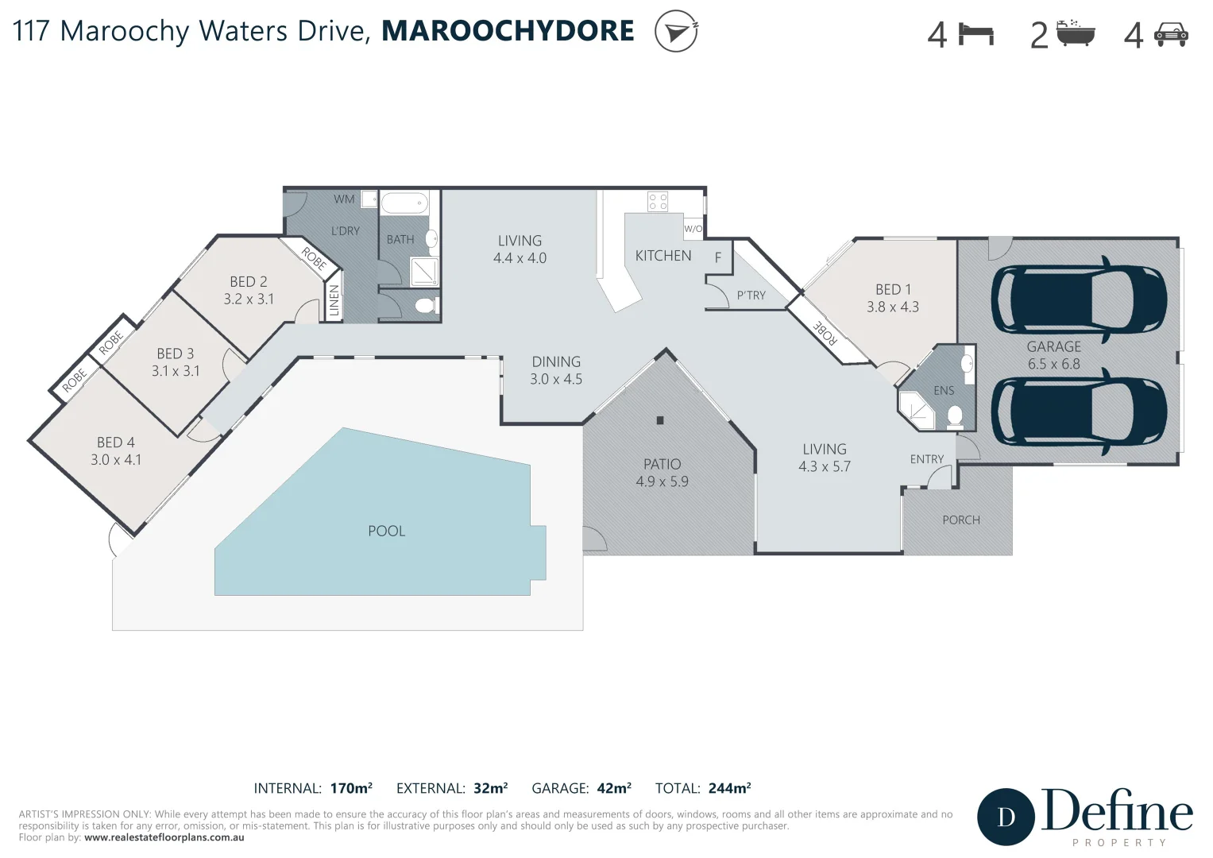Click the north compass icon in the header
coord(676,31)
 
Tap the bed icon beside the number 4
coord(976,34)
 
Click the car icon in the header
coord(1170,35)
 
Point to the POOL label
coord(386,531)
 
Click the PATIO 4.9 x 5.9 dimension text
coord(662,481)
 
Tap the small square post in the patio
coord(659,420)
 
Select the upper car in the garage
coord(1079,296)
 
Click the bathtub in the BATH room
coord(404,204)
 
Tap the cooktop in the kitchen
coord(658,201)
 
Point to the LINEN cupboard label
coord(334,301)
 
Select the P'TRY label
coord(751,296)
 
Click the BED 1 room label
coord(893,289)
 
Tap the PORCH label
coord(960,520)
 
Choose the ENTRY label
coord(926,459)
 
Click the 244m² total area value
coord(729,788)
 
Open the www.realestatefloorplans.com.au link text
coord(164,837)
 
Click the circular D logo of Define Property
coord(1006,817)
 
